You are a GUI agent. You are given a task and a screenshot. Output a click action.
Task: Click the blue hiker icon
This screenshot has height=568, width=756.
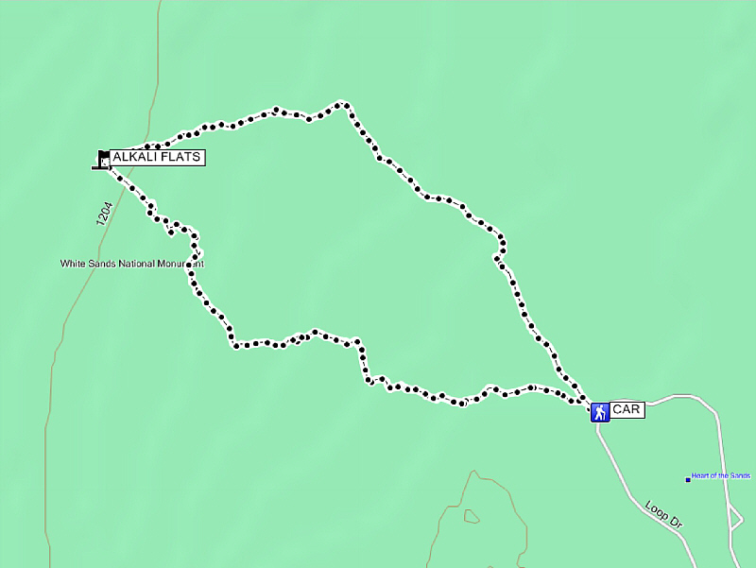click(600, 412)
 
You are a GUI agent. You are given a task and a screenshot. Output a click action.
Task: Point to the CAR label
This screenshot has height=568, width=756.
click(627, 410)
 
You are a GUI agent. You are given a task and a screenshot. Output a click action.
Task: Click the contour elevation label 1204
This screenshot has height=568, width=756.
click(104, 213)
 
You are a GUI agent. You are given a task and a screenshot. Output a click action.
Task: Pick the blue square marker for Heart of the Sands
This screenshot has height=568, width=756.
click(688, 479)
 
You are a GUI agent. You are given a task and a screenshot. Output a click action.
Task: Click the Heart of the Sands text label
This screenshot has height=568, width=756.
click(720, 475)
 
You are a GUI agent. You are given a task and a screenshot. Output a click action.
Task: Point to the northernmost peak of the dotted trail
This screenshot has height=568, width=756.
click(342, 102)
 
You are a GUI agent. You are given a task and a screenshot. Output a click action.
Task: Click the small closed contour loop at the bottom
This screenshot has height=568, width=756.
click(471, 516)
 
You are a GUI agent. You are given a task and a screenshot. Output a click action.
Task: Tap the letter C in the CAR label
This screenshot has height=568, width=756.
click(617, 410)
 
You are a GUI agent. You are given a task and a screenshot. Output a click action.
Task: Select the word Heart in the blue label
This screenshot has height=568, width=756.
click(700, 475)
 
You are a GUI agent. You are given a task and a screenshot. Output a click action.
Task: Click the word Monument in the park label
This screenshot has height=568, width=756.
click(180, 264)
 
